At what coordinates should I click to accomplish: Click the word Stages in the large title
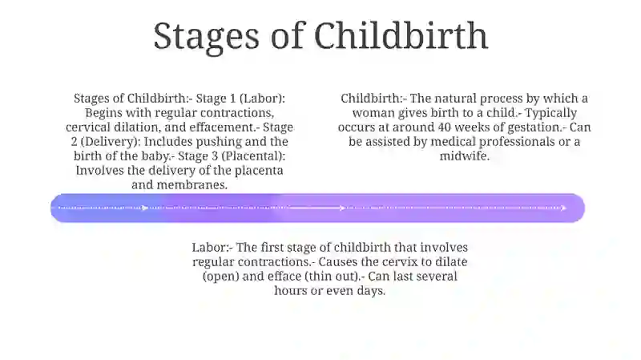(206, 37)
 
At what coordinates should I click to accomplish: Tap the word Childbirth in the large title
(401, 35)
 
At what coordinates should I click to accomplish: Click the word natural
(455, 99)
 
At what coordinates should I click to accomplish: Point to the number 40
(445, 127)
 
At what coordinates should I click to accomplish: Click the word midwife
(465, 156)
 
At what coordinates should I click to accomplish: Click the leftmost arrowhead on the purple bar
(145, 208)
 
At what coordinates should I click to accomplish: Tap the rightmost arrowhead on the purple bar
(563, 208)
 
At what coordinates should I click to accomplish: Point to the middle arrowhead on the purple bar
(343, 208)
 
